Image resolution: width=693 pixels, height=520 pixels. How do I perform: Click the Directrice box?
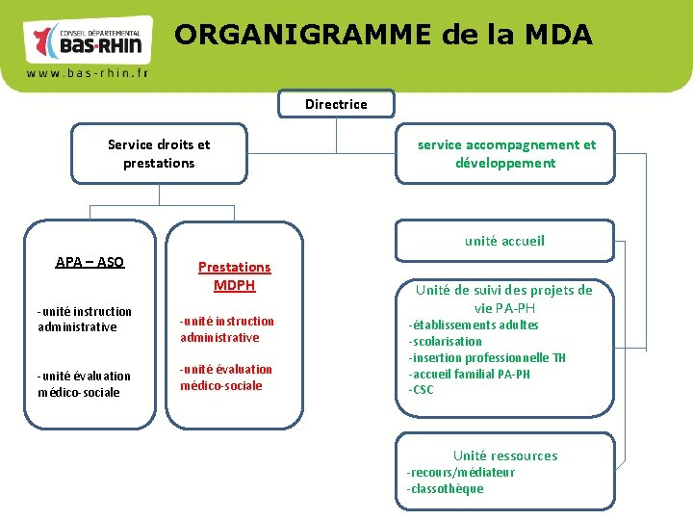(x=336, y=104)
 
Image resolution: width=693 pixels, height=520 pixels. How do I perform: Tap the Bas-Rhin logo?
(x=88, y=39)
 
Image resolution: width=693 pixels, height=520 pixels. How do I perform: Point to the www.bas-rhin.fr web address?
(x=87, y=73)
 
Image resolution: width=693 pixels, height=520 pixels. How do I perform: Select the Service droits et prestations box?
(x=159, y=154)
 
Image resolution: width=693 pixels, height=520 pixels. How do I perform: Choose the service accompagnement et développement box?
(x=505, y=154)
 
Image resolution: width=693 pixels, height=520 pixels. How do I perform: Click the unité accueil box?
(x=504, y=241)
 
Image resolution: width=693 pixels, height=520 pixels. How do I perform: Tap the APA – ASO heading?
(x=90, y=262)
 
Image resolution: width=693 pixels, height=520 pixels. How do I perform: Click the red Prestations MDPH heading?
(x=234, y=275)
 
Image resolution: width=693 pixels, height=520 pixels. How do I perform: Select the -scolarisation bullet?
(x=445, y=341)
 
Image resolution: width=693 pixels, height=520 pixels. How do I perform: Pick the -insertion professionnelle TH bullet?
(x=487, y=357)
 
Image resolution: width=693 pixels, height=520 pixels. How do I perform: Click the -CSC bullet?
(x=421, y=390)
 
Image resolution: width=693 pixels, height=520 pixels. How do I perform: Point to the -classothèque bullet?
(x=445, y=488)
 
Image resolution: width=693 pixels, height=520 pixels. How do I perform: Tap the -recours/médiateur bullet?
(x=460, y=472)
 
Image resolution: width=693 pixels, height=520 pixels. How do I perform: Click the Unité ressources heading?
(x=505, y=455)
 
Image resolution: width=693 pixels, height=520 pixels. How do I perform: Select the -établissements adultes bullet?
(x=473, y=325)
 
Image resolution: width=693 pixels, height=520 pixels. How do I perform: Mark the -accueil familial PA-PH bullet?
(x=469, y=374)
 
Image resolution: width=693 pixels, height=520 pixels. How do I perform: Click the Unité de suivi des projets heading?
(x=503, y=299)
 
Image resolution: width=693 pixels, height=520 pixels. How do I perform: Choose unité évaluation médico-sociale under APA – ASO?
(x=84, y=383)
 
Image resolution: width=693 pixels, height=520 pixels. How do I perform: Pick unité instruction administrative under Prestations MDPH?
(x=226, y=328)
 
